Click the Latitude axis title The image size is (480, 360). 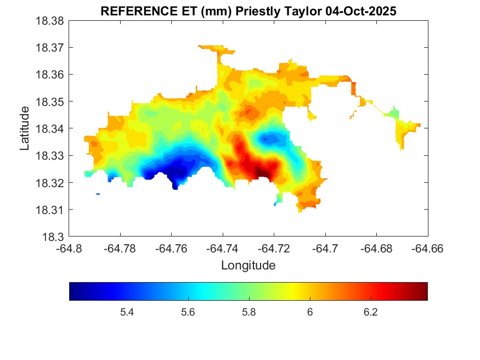pyautogui.click(x=25, y=128)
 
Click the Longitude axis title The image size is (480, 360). pyautogui.click(x=248, y=266)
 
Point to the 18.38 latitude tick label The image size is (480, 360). pyautogui.click(x=50, y=21)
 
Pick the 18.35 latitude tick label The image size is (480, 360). pyautogui.click(x=50, y=102)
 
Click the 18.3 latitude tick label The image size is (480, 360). pyautogui.click(x=54, y=237)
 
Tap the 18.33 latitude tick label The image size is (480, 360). pyautogui.click(x=50, y=156)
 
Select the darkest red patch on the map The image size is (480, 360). pyautogui.click(x=262, y=174)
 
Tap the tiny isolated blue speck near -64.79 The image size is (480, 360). pyautogui.click(x=98, y=194)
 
